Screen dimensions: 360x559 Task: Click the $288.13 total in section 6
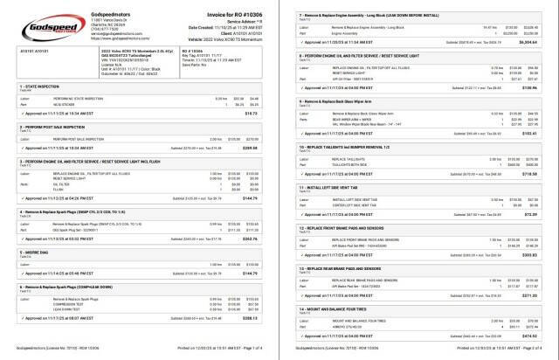tap(259, 318)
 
